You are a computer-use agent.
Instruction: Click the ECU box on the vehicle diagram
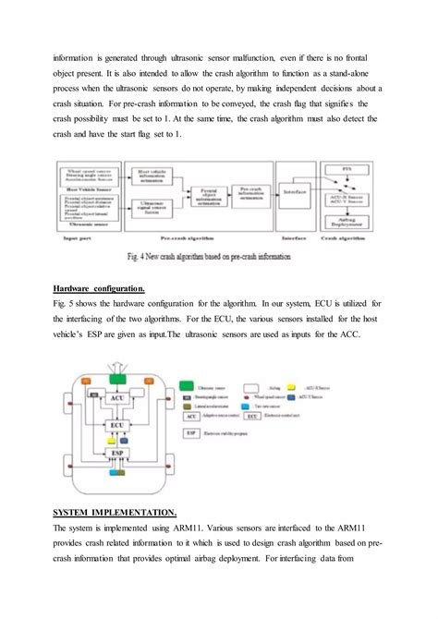coord(117,426)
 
